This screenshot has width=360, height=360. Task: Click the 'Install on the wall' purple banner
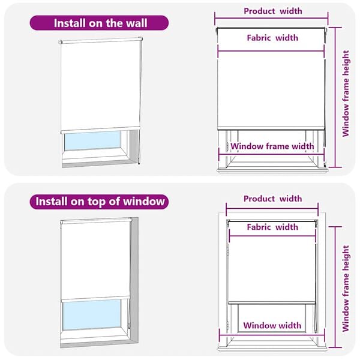point(100,23)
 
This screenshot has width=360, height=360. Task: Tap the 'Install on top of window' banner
point(100,201)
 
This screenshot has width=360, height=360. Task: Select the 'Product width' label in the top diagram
point(272,11)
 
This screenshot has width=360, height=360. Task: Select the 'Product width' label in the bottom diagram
point(272,199)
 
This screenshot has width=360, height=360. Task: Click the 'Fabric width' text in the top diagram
point(272,38)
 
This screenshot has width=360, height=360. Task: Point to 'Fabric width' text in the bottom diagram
point(272,227)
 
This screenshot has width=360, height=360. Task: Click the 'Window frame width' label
point(272,146)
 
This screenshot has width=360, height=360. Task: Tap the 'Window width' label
point(272,326)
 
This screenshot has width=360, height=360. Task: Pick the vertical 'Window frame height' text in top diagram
point(346,93)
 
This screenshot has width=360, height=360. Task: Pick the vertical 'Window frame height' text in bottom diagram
point(346,288)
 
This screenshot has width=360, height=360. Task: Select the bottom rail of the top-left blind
point(100,130)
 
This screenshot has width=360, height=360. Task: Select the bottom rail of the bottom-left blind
point(95,298)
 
